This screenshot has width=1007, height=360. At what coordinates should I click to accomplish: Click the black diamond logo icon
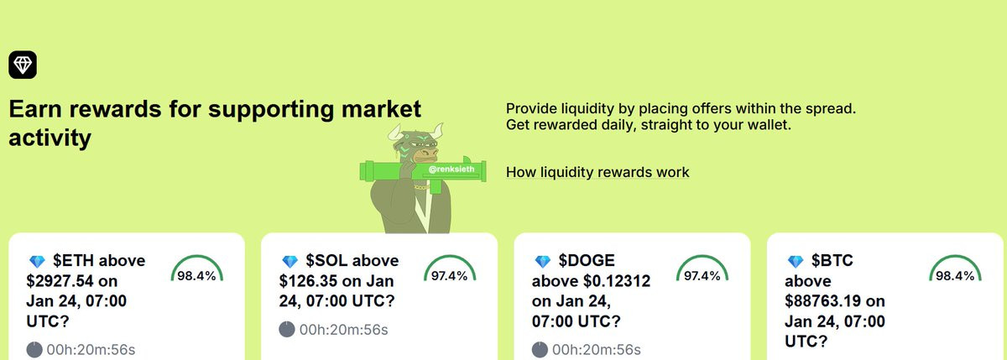click(23, 65)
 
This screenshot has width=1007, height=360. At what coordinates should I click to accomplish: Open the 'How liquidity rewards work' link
click(597, 172)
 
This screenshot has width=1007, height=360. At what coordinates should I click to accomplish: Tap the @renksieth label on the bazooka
click(451, 170)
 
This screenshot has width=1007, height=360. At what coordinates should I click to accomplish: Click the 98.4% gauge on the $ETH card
click(197, 257)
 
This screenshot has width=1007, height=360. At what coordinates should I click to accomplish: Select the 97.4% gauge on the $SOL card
click(450, 257)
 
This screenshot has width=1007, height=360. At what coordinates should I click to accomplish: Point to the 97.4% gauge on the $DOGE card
click(702, 257)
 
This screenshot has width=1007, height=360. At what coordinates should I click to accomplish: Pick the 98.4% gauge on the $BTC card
click(955, 257)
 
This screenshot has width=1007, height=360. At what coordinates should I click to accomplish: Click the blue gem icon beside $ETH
click(37, 261)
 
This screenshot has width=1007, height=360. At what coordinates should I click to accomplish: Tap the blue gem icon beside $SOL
click(290, 261)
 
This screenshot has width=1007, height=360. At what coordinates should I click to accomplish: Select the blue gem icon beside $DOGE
click(543, 261)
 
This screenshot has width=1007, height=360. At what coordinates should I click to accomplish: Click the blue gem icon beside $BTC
click(796, 261)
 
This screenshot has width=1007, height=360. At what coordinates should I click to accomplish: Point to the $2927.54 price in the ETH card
click(60, 281)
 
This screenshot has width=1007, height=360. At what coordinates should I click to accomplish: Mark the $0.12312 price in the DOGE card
click(617, 281)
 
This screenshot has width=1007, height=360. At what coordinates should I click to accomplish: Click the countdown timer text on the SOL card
click(344, 330)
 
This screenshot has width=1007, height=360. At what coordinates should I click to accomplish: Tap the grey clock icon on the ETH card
click(34, 350)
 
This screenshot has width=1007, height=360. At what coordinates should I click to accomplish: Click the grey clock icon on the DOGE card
click(540, 350)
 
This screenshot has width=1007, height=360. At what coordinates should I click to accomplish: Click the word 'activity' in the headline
click(50, 138)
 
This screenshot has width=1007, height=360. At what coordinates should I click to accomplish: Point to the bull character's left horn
click(394, 133)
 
